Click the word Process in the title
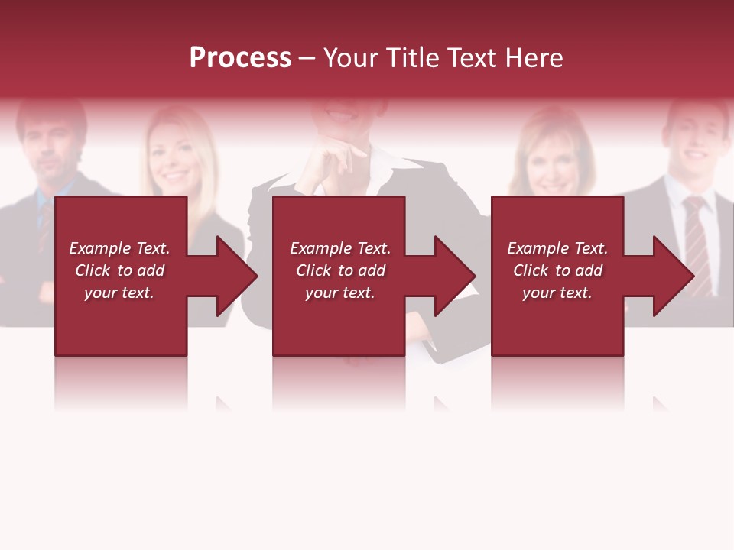coord(240,58)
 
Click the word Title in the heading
coord(415,58)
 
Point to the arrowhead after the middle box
coord(453,276)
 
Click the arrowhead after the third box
coord(672,276)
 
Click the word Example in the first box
coord(100,248)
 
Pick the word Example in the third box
coord(538,248)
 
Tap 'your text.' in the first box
coord(119,293)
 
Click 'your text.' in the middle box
coord(339,293)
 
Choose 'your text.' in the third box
coord(557,293)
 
